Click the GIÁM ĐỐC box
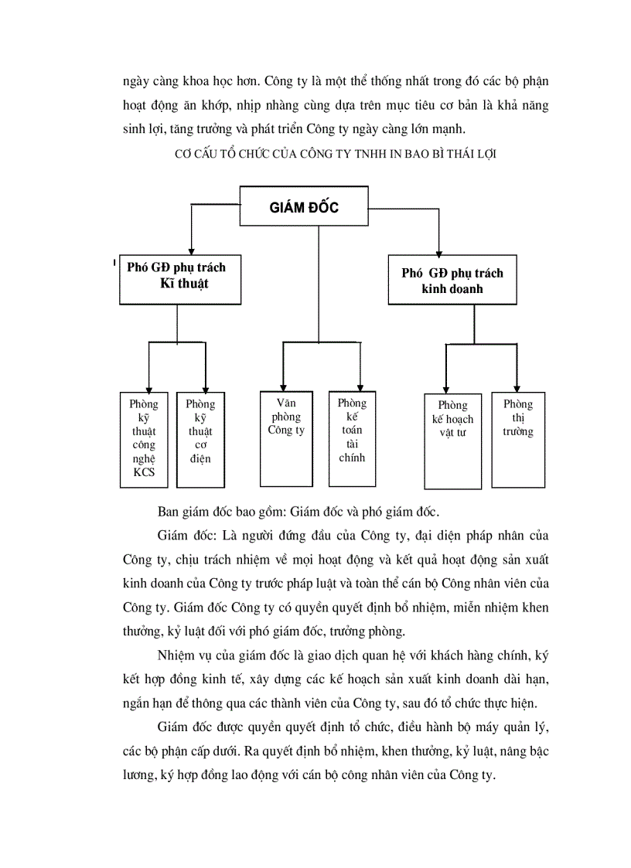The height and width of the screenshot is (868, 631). coord(305,208)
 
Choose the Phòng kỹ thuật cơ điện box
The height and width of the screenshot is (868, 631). coord(200,438)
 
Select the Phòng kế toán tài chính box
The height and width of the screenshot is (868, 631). coord(352,438)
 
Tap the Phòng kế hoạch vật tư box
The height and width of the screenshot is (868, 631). coord(453,441)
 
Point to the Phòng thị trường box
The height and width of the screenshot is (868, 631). coord(518,438)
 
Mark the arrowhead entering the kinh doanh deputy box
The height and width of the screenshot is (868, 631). coord(438,250)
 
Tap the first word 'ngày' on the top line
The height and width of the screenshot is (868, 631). coord(135,81)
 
